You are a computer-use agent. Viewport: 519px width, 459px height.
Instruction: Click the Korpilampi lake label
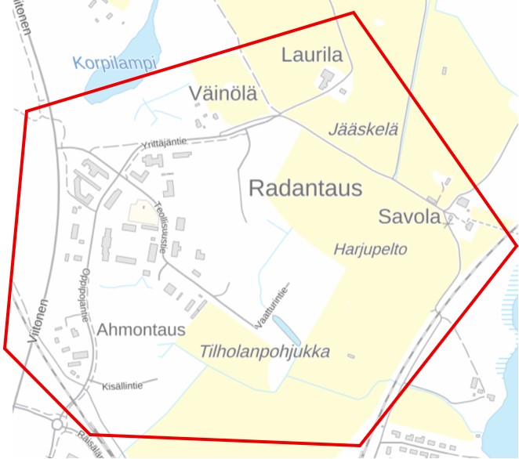(x=115, y=62)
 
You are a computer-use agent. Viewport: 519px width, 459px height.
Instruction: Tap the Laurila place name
(x=312, y=55)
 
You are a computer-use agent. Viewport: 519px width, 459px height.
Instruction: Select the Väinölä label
(x=223, y=94)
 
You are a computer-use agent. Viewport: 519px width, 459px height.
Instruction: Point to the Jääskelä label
(x=365, y=129)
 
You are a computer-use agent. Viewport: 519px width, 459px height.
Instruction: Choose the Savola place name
(x=409, y=217)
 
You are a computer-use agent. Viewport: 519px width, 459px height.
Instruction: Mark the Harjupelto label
(x=371, y=249)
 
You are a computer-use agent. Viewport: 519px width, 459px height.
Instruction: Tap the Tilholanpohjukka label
(x=265, y=352)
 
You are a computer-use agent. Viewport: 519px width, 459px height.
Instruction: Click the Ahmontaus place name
(x=141, y=330)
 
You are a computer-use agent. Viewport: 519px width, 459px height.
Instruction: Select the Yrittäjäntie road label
(x=164, y=142)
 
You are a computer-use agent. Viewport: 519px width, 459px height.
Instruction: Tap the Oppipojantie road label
(x=83, y=298)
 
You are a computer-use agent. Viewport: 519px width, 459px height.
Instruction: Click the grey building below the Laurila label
(x=325, y=78)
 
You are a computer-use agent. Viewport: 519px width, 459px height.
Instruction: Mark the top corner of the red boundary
(x=354, y=13)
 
